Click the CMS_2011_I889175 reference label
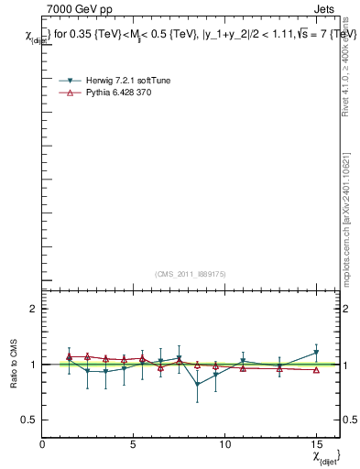coord(191,274)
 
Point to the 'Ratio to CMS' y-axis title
coord(13,364)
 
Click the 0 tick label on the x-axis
coord(42,444)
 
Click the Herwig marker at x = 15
coord(316,353)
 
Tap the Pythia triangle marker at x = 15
coord(316,370)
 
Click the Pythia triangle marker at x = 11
coord(243,367)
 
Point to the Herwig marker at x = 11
coord(243,361)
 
